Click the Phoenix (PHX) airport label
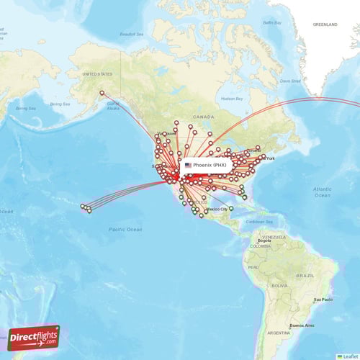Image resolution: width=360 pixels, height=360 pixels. pyautogui.click(x=210, y=165)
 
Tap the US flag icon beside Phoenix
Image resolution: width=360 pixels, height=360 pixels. pyautogui.click(x=188, y=165)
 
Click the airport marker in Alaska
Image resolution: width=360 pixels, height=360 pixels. pyautogui.click(x=102, y=93)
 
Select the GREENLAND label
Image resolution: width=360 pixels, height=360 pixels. pyautogui.click(x=325, y=24)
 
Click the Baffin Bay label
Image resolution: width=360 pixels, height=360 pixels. pyautogui.click(x=271, y=23)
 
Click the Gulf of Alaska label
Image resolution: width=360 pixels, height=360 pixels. pyautogui.click(x=112, y=105)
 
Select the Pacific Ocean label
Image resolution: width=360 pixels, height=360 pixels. pyautogui.click(x=125, y=229)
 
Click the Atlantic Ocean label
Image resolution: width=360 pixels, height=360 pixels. pyautogui.click(x=322, y=191)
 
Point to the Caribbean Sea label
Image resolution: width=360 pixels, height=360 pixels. pyautogui.click(x=258, y=222)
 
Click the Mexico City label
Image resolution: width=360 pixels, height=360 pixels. pyautogui.click(x=216, y=209)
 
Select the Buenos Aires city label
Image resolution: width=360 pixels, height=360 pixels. pyautogui.click(x=301, y=325)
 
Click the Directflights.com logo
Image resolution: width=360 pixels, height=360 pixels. pyautogui.click(x=34, y=336)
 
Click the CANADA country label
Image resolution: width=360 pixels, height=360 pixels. pyautogui.click(x=203, y=116)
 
